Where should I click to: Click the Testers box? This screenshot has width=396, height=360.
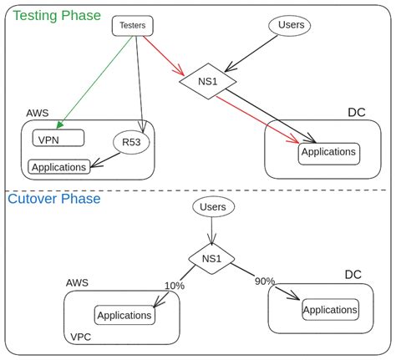[132, 25]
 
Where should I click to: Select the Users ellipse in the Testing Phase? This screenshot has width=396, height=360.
[290, 25]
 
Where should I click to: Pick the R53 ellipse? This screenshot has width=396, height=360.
[131, 143]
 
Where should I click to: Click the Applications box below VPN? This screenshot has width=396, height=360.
[59, 167]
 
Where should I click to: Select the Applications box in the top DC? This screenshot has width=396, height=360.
[328, 152]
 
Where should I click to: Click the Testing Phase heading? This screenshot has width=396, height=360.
[56, 15]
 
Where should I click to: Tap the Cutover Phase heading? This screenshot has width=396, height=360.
[54, 199]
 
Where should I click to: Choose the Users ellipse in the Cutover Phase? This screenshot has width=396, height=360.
[214, 206]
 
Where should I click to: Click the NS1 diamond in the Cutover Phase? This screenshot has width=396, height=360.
[211, 258]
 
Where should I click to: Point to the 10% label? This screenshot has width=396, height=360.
[174, 286]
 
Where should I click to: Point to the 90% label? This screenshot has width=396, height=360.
[264, 281]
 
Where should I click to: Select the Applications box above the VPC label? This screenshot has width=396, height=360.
[124, 316]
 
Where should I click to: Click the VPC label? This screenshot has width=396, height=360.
[80, 337]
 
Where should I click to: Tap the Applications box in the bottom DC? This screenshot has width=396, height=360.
[330, 310]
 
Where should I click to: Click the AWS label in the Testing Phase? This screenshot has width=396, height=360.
[37, 113]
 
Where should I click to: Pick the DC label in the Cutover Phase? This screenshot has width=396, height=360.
[353, 275]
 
